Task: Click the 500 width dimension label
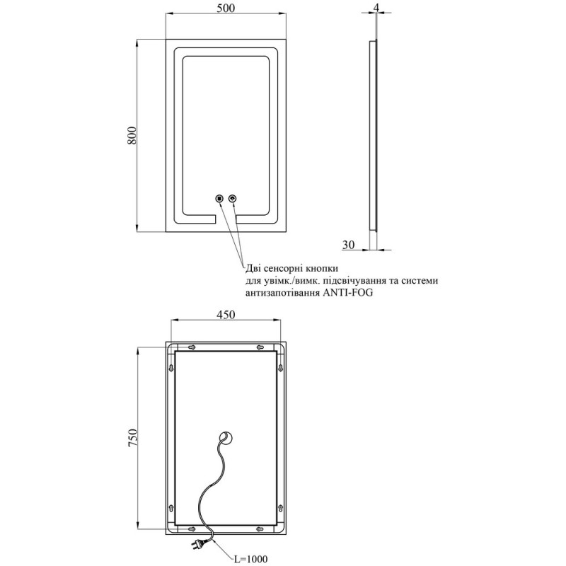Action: (226, 8)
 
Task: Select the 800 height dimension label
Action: (132, 136)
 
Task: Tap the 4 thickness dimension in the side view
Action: (376, 7)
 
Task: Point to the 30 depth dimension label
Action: (348, 245)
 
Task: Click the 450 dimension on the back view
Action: (226, 314)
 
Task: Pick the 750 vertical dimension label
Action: (132, 438)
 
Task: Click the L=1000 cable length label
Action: (250, 559)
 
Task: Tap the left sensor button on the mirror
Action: (219, 198)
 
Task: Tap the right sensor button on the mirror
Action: (233, 198)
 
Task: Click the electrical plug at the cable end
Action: (198, 541)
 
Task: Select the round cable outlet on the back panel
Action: (226, 438)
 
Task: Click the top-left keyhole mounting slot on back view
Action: (192, 347)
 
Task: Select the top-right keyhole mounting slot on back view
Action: (260, 347)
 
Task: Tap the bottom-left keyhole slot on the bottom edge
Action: (192, 529)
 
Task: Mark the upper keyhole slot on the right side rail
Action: (280, 368)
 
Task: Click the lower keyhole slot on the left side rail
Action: (171, 508)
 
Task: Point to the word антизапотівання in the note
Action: (282, 293)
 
